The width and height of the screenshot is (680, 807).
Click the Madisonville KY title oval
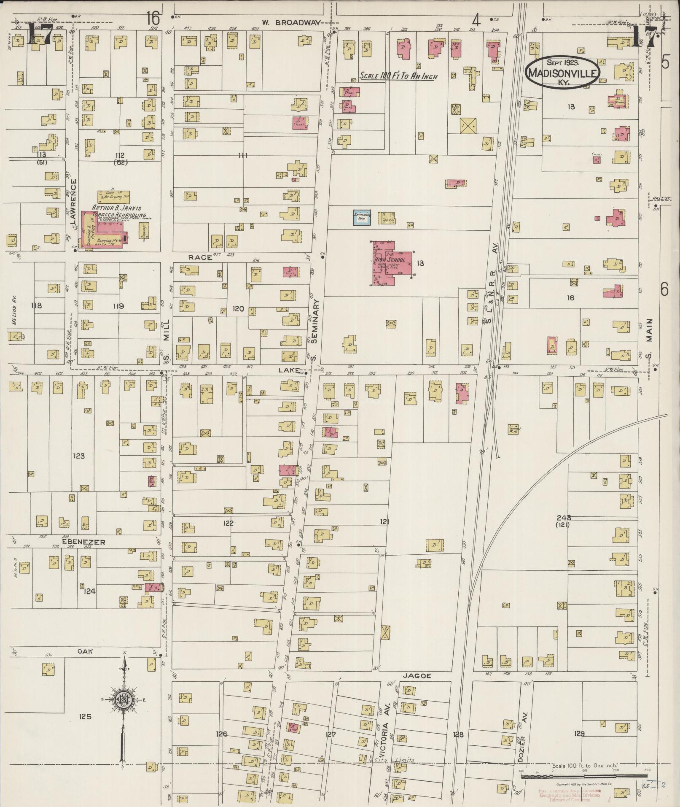pos(562,72)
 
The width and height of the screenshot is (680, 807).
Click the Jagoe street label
pos(419,676)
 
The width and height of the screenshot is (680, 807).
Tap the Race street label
pos(200,257)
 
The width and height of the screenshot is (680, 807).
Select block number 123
pos(78,456)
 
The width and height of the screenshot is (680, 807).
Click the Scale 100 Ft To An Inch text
pos(398,77)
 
